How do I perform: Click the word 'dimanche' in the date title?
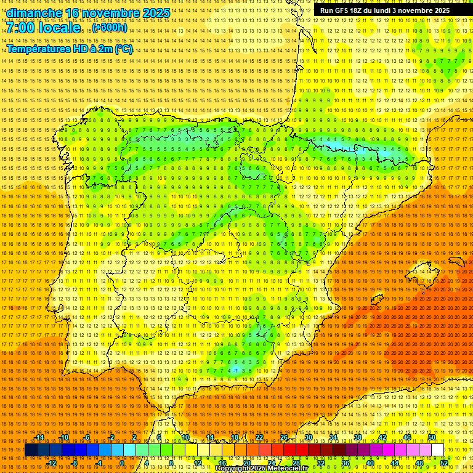pyautogui.click(x=34, y=13)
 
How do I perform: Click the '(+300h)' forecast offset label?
pyautogui.click(x=110, y=28)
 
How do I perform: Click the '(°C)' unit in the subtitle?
pyautogui.click(x=123, y=49)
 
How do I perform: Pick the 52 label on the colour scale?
pyautogui.click(x=444, y=463)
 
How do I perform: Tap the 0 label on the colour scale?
pyautogui.click(x=122, y=463)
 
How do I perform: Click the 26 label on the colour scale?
pyautogui.click(x=284, y=437)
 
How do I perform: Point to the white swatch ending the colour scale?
pyautogui.click(x=438, y=450)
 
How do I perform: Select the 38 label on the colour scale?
pyautogui.click(x=358, y=437)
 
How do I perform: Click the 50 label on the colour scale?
pyautogui.click(x=432, y=437)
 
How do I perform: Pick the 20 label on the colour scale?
pyautogui.click(x=246, y=463)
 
